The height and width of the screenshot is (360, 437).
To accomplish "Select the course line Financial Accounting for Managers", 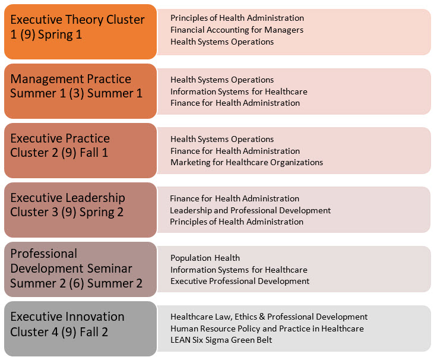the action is (x=237, y=30).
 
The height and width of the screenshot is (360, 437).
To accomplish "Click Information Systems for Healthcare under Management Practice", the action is (x=239, y=91).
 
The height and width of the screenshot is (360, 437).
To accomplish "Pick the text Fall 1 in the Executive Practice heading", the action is (x=94, y=153).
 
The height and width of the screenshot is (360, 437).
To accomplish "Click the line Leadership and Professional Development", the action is (x=251, y=210).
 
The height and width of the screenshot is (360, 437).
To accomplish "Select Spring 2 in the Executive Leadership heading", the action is (x=102, y=212).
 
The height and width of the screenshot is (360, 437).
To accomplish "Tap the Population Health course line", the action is (x=205, y=258).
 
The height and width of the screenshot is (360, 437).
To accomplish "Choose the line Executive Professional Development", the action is (x=240, y=281).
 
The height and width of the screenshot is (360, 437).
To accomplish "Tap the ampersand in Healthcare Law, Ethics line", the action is (x=262, y=317).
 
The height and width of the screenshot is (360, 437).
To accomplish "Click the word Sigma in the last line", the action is (x=217, y=340).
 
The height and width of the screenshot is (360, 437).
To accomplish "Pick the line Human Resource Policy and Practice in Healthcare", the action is (x=267, y=329).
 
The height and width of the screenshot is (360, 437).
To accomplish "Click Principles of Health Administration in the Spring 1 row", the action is (x=237, y=18).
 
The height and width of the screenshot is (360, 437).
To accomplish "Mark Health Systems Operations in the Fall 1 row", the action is (x=222, y=139).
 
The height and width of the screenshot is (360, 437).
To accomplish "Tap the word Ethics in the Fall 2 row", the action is (x=246, y=317).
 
